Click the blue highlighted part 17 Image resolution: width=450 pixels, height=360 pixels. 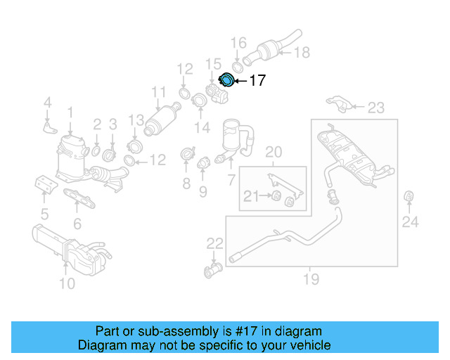(227, 81)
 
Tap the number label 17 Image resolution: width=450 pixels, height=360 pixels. (257, 81)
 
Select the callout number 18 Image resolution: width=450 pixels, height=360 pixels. (301, 52)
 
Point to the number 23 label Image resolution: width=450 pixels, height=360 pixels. (376, 108)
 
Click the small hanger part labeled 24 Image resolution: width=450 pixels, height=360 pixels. (409, 195)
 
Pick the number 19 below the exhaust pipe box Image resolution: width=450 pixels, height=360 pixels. (310, 279)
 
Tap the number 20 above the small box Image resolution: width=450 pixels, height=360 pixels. (273, 151)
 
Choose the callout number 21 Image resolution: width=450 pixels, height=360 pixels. (251, 196)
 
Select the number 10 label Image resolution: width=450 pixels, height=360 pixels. (66, 283)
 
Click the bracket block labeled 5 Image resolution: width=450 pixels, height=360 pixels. (45, 186)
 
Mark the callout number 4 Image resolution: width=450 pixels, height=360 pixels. (47, 104)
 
